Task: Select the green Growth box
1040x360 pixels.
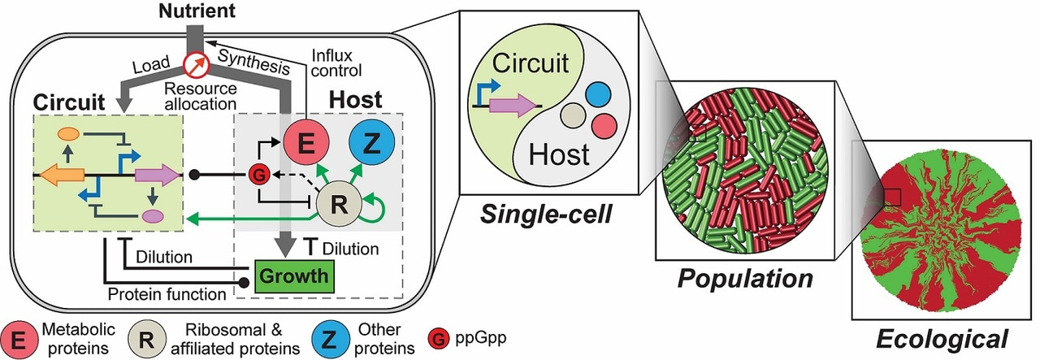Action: [294, 275]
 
